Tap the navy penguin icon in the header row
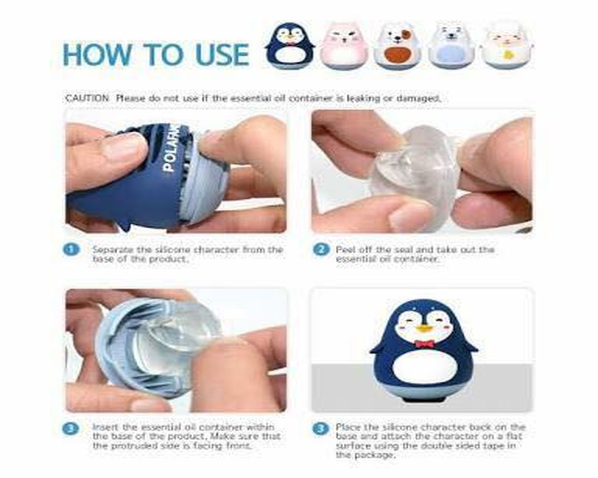click(290, 46)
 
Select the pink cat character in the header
click(344, 46)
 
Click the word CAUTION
click(87, 98)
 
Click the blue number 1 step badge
click(71, 249)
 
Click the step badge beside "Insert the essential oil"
click(71, 429)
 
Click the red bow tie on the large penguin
click(424, 344)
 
